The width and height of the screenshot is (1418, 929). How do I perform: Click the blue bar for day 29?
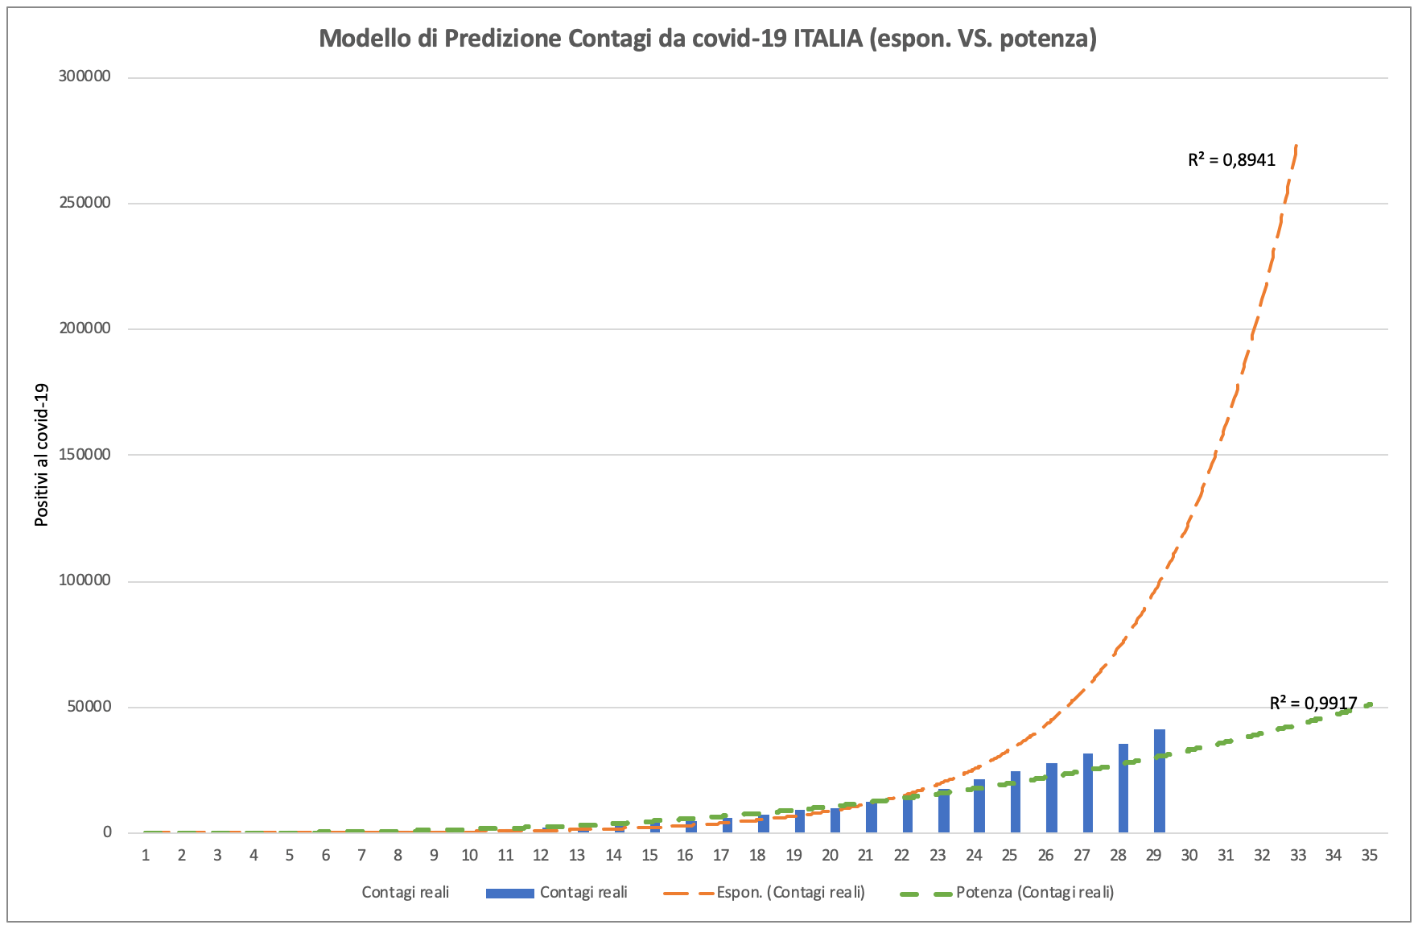1159,781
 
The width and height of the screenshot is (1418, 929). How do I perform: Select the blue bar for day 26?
1051,798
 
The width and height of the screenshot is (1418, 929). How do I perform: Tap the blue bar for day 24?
979,806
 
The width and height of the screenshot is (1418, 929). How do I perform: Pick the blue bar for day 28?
1123,788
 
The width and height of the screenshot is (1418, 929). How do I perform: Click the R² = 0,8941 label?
1231,159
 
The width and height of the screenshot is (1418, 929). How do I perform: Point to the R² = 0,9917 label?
1313,703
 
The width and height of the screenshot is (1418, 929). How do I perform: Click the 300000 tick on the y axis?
84,76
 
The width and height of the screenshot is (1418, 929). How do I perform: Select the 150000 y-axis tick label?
84,454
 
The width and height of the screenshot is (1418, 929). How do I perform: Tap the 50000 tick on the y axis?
88,707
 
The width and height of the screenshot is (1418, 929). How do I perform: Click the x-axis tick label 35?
1369,855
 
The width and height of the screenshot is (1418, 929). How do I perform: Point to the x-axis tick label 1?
146,855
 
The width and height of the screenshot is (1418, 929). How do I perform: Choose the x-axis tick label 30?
1189,855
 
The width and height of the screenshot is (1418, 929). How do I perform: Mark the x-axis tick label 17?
721,855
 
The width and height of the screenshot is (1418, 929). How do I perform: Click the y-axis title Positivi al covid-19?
42,455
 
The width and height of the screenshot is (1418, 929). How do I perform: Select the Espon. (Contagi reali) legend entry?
790,892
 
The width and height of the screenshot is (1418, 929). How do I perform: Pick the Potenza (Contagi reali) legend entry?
1034,892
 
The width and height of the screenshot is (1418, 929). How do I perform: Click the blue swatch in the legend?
509,893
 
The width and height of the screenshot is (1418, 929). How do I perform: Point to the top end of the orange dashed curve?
1296,147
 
